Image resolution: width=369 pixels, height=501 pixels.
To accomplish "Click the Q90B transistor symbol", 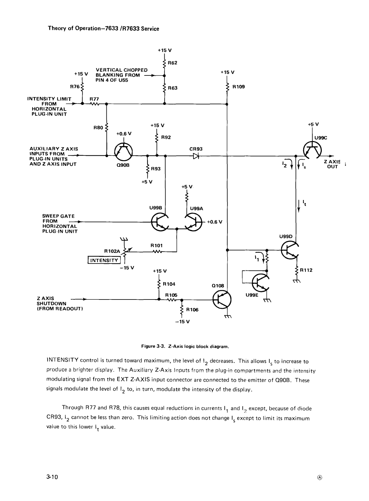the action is (123, 152).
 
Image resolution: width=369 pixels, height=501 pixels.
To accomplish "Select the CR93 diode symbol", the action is (196, 156).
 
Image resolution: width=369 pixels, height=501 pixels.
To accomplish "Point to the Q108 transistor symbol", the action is (222, 300).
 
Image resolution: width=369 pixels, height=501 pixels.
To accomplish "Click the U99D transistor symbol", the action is (290, 250).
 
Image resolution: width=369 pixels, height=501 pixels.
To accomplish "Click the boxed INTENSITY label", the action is (104, 260).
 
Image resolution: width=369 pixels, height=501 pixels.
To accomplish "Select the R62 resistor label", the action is (172, 63).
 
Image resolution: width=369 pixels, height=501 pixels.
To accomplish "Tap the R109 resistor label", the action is (238, 87).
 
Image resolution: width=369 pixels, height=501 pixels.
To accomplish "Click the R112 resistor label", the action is (306, 270).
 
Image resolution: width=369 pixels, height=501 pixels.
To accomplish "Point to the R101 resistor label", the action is (156, 246).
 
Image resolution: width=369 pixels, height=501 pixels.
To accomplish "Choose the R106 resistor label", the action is (192, 310).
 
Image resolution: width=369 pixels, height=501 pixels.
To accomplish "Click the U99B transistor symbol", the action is (160, 222).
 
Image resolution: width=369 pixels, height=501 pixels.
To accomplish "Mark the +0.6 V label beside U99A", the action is (215, 222).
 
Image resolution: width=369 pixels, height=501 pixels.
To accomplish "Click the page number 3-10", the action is (52, 477).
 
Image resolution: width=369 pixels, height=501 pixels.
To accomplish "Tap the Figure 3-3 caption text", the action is (185, 346).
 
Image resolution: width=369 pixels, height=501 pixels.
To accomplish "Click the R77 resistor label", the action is (94, 99).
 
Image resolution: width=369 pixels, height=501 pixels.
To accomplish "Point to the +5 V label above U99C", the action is (313, 124).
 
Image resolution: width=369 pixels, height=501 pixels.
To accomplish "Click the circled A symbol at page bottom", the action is (320, 478).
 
